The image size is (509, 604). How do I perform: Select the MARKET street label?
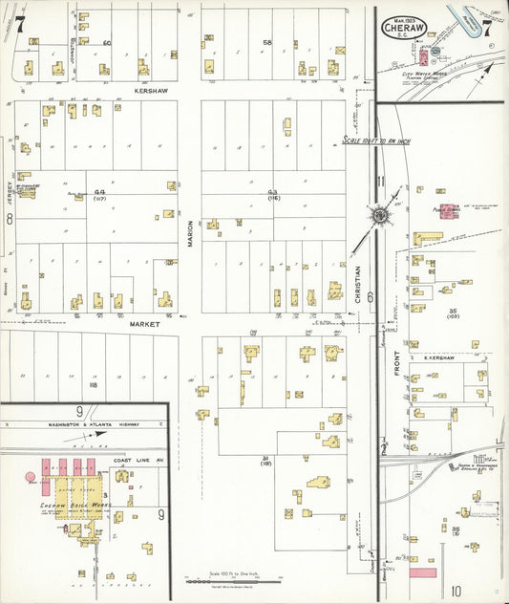click(x=145, y=324)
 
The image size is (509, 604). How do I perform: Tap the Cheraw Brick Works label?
click(x=75, y=504)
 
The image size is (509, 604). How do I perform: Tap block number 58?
click(x=267, y=43)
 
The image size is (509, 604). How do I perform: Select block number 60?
click(x=107, y=43)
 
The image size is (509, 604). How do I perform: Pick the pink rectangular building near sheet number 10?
click(x=422, y=572)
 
